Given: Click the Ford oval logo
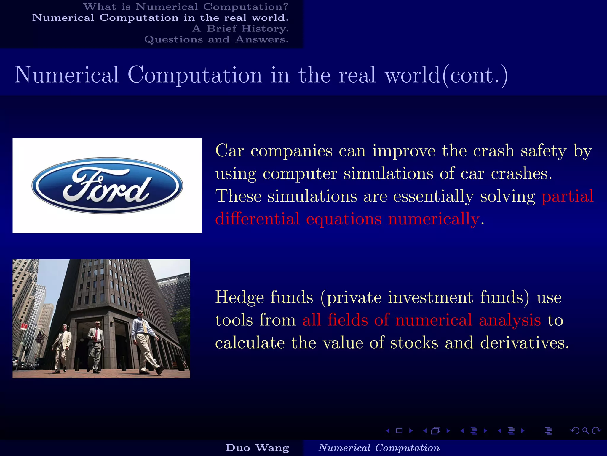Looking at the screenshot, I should tap(107, 186).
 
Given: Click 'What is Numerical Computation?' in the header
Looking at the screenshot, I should tap(186, 7).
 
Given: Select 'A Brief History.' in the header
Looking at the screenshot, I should tap(240, 28).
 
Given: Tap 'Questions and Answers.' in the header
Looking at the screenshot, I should tap(216, 39).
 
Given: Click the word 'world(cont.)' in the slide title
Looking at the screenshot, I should tap(446, 75).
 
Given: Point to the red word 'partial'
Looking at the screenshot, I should tap(567, 196).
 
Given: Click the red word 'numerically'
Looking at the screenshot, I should tap(434, 219).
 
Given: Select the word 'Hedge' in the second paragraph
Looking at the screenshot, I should tap(239, 297).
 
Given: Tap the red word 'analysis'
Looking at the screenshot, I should tap(509, 320).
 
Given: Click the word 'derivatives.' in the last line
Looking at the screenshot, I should tap(524, 343).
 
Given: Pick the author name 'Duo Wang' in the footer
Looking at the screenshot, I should tap(257, 448).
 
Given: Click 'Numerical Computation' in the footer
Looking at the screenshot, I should tap(379, 448).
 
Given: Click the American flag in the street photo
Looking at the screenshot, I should tap(39, 337).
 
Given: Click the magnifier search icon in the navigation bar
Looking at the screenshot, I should tap(585, 430).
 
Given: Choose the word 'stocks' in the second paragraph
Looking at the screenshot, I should tap(414, 343).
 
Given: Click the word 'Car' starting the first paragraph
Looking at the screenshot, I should tap(229, 151).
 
